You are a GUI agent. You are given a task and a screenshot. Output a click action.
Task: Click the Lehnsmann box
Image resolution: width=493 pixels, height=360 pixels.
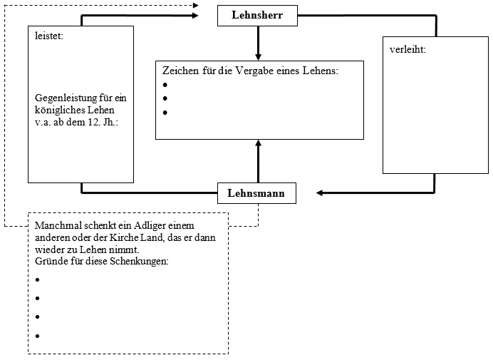point(256,193)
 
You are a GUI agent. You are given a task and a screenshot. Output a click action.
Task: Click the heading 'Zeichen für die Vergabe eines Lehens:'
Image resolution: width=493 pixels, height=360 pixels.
point(250,71)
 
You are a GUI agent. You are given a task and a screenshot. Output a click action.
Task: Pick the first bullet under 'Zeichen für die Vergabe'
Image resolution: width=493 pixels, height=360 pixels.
point(165,85)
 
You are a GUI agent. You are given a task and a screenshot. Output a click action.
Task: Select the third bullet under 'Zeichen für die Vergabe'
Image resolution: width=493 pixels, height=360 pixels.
point(165,113)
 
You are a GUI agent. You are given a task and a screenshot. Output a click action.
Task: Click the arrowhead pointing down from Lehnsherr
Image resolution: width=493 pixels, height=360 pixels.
point(258,56)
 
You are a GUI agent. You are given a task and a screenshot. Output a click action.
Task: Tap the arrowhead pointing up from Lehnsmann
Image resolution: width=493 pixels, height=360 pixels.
point(258,144)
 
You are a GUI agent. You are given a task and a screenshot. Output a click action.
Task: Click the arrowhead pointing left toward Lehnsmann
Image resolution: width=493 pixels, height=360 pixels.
point(321,192)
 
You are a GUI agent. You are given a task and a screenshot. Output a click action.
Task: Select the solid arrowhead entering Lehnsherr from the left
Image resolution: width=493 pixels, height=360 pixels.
point(195,16)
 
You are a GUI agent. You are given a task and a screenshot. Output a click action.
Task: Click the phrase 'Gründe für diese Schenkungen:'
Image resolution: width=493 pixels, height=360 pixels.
point(101,261)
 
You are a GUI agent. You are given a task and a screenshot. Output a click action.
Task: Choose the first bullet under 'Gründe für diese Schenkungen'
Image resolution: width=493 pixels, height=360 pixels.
point(36,280)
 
